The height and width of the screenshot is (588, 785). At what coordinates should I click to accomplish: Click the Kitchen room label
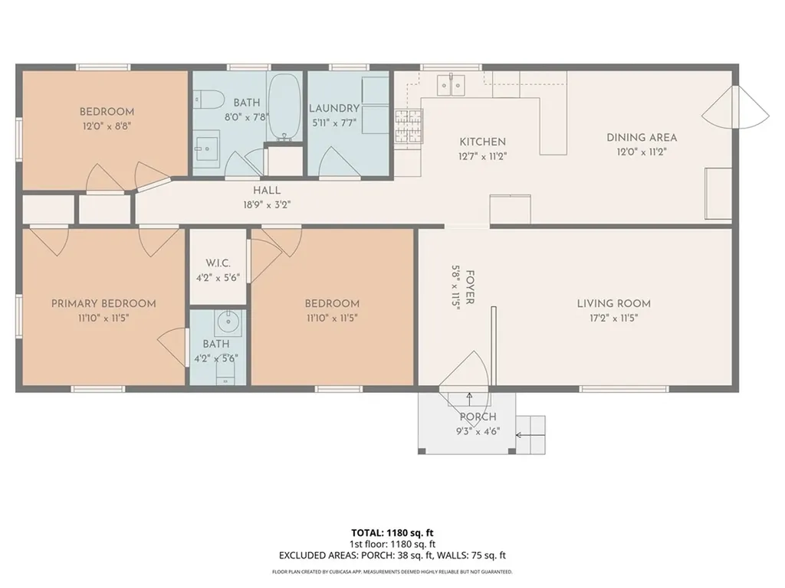(x=483, y=142)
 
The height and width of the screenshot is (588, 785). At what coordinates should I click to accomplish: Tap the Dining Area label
(x=642, y=138)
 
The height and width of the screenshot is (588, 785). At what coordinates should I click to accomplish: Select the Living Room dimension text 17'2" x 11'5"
(x=614, y=318)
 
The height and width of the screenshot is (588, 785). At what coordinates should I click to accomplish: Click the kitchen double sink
(x=451, y=84)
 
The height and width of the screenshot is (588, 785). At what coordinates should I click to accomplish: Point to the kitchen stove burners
(x=409, y=127)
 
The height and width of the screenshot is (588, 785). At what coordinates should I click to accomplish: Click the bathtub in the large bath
(x=285, y=107)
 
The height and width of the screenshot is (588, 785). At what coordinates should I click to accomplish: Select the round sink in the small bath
(x=228, y=322)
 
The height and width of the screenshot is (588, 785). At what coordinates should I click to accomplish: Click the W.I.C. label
(x=218, y=263)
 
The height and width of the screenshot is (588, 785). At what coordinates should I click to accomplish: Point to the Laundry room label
(x=334, y=109)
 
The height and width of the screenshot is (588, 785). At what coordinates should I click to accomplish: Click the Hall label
(x=267, y=191)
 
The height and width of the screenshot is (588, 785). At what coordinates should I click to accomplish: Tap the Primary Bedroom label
(x=103, y=303)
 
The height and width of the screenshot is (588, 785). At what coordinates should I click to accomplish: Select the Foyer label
(x=470, y=288)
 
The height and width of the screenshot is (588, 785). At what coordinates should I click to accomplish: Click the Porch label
(x=478, y=417)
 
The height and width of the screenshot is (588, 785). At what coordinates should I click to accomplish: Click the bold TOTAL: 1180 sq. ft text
(x=392, y=533)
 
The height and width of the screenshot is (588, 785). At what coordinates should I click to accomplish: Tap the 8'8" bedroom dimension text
(x=107, y=126)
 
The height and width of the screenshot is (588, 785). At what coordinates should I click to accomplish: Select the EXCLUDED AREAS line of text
(x=392, y=556)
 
